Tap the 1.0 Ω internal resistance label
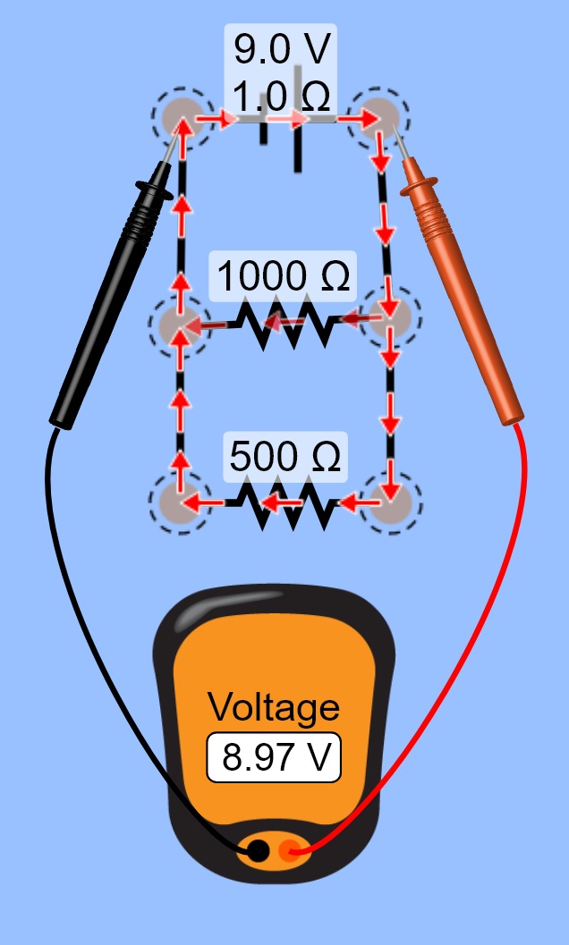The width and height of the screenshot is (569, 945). tap(279, 94)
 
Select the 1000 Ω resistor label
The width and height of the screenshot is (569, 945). tap(283, 277)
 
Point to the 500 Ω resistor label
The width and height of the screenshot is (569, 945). tap(284, 457)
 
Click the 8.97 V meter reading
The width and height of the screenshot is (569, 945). tap(274, 759)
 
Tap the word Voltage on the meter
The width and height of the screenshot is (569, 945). tap(274, 707)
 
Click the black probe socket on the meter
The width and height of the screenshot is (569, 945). tap(256, 851)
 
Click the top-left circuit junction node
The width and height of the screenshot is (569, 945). tap(183, 114)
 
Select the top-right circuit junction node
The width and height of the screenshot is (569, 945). tap(379, 114)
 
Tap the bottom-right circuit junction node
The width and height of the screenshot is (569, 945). tap(390, 502)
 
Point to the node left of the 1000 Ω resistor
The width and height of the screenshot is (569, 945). tap(179, 325)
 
